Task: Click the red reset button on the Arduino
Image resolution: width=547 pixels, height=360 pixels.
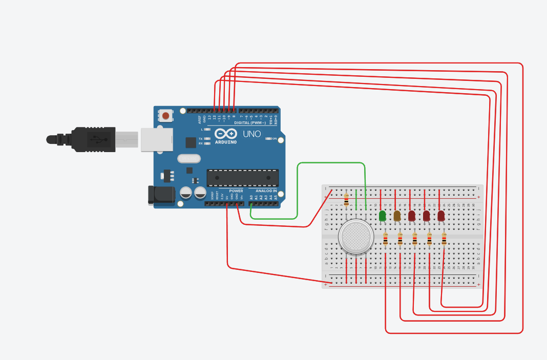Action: [166, 116]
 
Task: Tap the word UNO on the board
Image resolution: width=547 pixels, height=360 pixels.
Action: [251, 134]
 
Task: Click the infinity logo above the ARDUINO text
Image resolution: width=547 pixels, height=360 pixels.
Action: [226, 134]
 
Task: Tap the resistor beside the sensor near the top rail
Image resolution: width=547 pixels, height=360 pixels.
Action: [347, 200]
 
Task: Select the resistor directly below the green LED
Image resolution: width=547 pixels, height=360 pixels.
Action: [386, 239]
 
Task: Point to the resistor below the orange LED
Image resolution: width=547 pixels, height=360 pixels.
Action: [400, 239]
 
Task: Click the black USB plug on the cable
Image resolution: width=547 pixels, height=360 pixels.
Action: [92, 139]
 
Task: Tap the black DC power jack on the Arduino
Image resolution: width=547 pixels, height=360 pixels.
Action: [160, 195]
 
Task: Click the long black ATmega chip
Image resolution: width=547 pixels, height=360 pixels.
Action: [242, 178]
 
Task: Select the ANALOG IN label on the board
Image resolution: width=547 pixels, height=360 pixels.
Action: [266, 191]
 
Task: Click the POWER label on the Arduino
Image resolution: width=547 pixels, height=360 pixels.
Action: [236, 191]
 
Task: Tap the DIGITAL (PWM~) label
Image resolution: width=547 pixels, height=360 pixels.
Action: [250, 123]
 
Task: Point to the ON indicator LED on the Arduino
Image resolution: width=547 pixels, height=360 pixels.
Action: [268, 139]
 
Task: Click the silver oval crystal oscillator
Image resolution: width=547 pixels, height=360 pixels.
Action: [189, 159]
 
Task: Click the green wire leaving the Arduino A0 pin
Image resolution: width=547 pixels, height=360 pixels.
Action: [298, 189]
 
